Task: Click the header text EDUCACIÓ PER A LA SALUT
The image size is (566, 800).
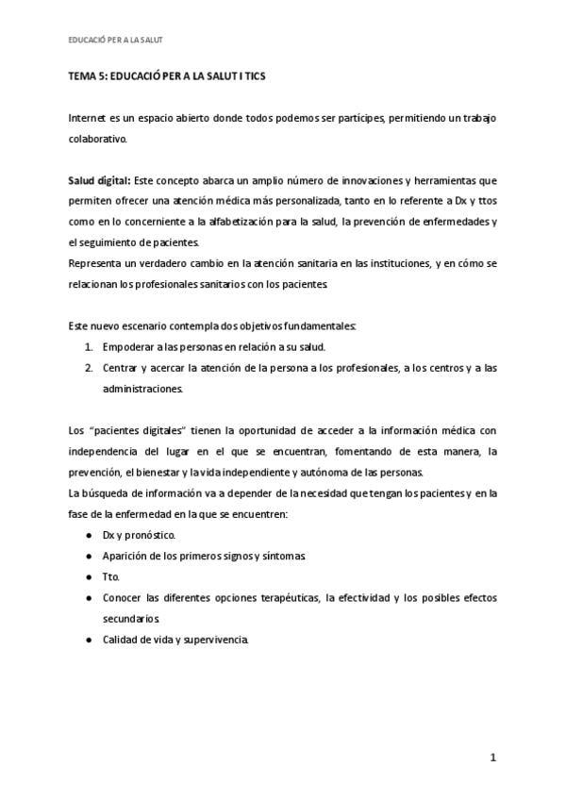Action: (117, 40)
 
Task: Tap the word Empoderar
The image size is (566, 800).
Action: (129, 345)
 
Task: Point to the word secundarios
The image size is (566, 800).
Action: (131, 618)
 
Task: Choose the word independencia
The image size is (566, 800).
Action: (106, 451)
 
